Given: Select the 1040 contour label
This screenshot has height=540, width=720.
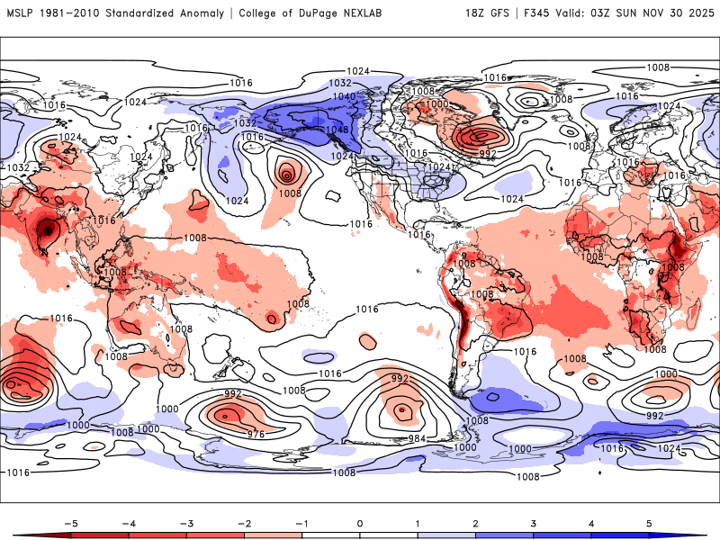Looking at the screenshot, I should tap(344, 96).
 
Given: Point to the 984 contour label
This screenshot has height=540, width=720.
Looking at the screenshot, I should tap(416, 438).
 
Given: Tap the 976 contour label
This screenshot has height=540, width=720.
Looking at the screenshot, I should tap(256, 435).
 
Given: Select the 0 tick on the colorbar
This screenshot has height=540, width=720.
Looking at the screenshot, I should tap(359, 522).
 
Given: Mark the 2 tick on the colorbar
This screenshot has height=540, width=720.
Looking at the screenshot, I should tap(475, 522).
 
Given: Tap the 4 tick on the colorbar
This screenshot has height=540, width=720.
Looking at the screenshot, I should tap(592, 522).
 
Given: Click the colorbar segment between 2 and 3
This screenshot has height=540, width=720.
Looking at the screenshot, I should tap(504, 535).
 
